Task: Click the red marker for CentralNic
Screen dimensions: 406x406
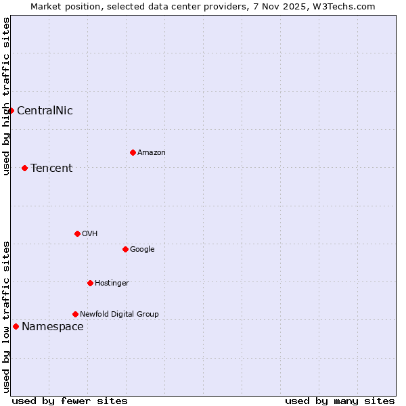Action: [11, 110]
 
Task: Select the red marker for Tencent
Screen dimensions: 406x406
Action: [24, 168]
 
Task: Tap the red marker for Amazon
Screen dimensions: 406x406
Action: [133, 152]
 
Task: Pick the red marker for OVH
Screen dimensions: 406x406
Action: [77, 233]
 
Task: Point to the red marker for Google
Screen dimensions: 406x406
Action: [125, 249]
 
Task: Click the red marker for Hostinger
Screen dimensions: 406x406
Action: [90, 283]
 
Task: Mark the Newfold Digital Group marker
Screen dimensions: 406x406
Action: [75, 314]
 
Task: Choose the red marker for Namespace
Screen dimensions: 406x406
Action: [16, 326]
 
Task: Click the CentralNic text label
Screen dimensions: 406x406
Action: [45, 111]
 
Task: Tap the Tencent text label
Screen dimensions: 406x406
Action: [51, 168]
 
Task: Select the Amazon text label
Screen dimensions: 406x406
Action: [152, 153]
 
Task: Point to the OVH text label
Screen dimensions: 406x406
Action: [90, 234]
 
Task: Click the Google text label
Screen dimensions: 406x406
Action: [142, 250]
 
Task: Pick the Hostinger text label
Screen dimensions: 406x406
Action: [112, 284]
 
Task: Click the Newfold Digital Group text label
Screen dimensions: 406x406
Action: [119, 315]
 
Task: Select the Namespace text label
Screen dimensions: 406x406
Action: [53, 327]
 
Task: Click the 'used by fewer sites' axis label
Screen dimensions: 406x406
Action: [70, 401]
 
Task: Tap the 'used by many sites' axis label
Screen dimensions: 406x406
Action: [340, 401]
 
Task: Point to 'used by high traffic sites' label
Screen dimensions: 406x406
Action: [7, 96]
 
